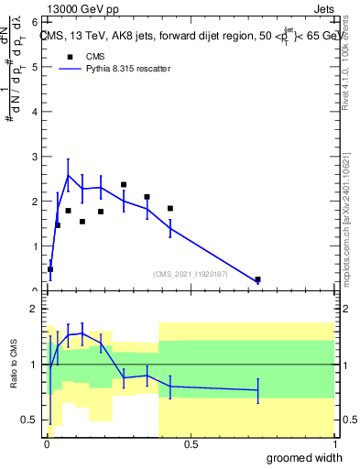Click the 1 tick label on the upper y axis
point(34,246)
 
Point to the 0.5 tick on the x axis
point(191,444)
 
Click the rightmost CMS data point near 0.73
point(257,279)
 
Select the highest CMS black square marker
point(123,185)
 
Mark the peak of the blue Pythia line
point(68,175)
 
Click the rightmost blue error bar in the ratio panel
point(257,390)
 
